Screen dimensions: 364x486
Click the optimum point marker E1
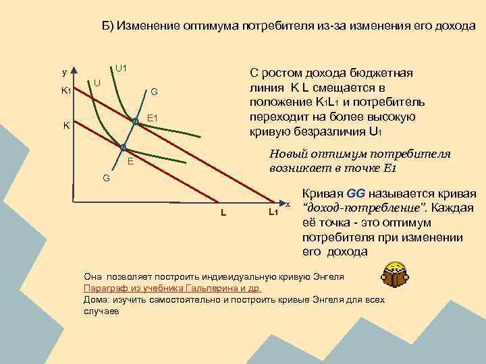135,121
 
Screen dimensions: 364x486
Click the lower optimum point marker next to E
123,147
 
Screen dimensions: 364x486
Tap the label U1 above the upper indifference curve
122,68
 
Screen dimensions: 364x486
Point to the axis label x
288,204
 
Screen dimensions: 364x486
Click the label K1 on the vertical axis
67,90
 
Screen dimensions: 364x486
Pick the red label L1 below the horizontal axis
273,213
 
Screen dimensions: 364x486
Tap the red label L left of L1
223,213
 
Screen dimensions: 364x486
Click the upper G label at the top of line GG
154,92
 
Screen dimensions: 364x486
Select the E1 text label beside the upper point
152,119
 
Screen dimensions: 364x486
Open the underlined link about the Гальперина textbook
172,287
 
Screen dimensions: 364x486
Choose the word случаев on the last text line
101,312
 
